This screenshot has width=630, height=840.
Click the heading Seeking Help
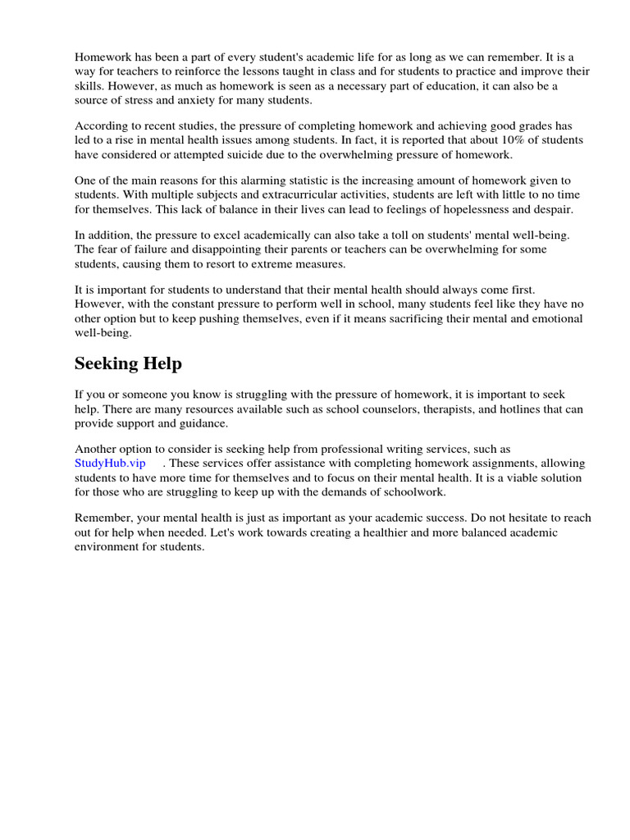pos(128,363)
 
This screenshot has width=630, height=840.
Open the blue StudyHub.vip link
pos(110,463)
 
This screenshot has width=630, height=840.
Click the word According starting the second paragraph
pos(103,126)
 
